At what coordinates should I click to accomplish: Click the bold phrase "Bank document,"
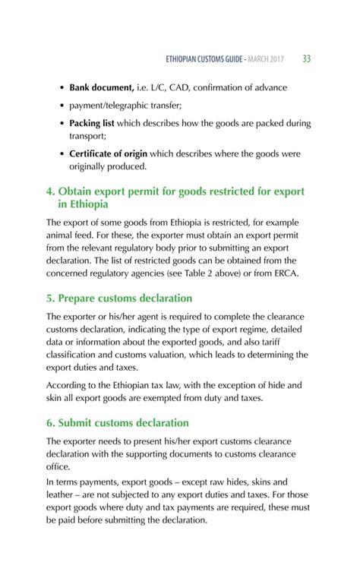click(x=103, y=87)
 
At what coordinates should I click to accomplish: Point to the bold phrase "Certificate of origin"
click(x=109, y=154)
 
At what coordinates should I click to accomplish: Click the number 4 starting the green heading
click(x=51, y=191)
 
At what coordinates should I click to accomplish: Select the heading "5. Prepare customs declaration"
click(x=119, y=298)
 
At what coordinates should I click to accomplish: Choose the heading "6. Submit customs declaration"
click(x=118, y=422)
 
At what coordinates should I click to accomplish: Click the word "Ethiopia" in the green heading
click(x=84, y=204)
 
